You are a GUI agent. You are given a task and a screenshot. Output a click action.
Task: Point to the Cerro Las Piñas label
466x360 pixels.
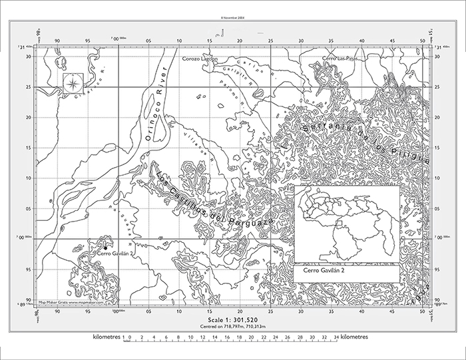point(338,59)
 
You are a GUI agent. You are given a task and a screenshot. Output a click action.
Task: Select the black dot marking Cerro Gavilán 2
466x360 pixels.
point(105,248)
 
